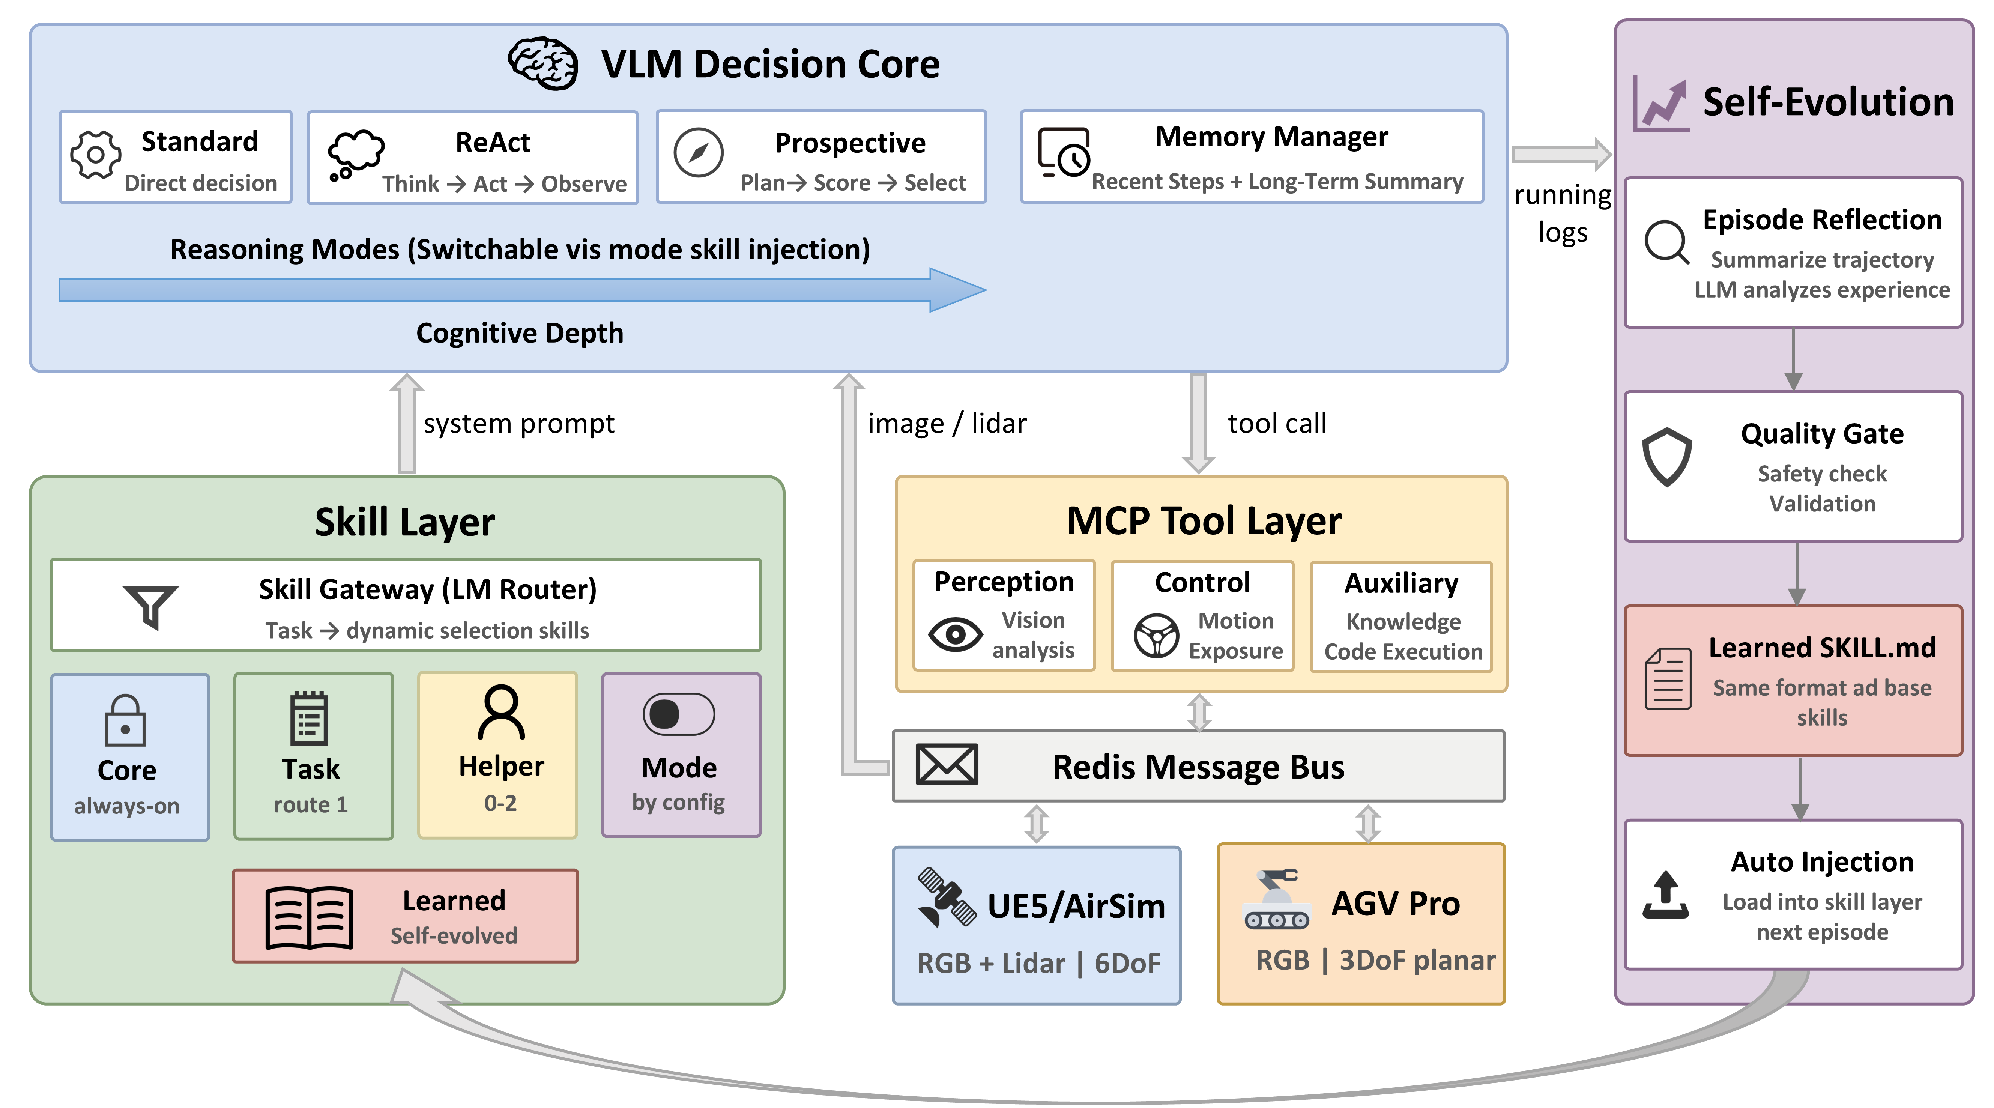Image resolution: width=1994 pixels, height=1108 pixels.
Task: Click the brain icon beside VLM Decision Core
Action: (x=542, y=63)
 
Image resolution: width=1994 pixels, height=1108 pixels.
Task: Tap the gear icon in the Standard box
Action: (x=95, y=155)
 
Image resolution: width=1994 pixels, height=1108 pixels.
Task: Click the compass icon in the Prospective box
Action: (x=698, y=153)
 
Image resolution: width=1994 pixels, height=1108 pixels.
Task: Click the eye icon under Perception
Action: (x=955, y=635)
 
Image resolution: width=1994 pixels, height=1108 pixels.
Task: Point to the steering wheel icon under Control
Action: (x=1157, y=636)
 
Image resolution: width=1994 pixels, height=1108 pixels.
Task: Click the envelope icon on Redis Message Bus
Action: (x=947, y=765)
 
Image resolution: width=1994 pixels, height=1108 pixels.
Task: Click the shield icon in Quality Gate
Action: (x=1666, y=457)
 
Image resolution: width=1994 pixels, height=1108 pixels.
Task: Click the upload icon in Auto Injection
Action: (x=1666, y=896)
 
